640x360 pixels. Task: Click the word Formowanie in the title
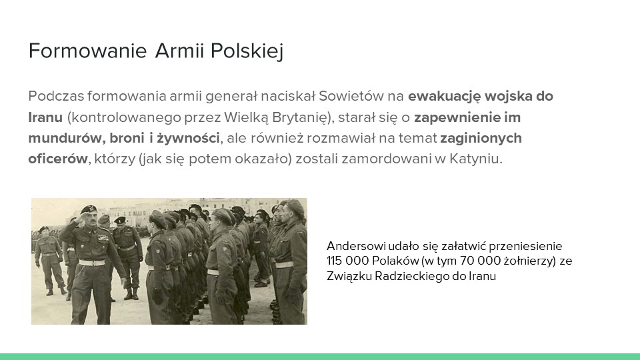tap(87, 51)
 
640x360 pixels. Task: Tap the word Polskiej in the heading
tap(247, 52)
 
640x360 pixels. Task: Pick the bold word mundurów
tap(65, 138)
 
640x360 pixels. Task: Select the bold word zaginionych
tap(481, 139)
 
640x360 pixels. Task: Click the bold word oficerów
tap(58, 159)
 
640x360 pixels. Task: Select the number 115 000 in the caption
tap(348, 261)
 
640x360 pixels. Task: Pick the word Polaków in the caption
tap(391, 261)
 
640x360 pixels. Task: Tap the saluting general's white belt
tap(92, 263)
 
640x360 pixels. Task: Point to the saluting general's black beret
tap(88, 209)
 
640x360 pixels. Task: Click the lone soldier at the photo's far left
tap(49, 260)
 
